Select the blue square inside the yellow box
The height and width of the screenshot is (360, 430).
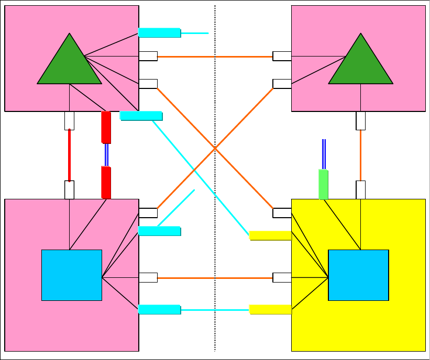click(358, 275)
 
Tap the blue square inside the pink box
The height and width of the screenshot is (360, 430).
click(72, 275)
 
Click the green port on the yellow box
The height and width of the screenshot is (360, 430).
click(324, 184)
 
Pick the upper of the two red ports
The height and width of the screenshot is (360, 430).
click(106, 127)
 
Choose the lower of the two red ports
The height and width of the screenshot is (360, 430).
click(106, 183)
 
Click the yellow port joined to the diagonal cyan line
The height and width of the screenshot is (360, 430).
click(270, 235)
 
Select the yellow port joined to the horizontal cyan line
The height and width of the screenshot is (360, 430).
click(270, 310)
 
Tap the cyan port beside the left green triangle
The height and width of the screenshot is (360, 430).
click(159, 33)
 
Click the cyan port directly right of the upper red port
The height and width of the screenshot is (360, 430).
click(141, 116)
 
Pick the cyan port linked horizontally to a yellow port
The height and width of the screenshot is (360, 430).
click(159, 310)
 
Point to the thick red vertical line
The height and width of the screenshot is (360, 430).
click(69, 155)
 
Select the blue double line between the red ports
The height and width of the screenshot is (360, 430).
click(106, 155)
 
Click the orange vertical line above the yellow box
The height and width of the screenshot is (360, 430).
click(360, 155)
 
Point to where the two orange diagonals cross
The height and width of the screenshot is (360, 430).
click(215, 149)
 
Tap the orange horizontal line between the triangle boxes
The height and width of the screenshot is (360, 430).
click(215, 57)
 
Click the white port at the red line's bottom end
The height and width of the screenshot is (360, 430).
click(69, 189)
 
